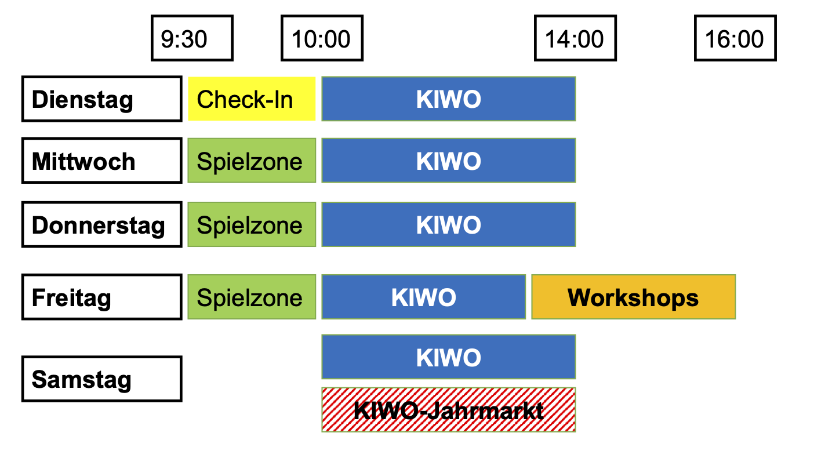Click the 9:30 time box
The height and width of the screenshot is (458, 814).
click(x=192, y=38)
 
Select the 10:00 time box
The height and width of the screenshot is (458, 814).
click(x=322, y=38)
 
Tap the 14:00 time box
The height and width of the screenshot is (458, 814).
click(x=575, y=38)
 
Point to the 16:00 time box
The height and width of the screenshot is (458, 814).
click(x=735, y=38)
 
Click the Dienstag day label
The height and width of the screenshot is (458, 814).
click(x=101, y=99)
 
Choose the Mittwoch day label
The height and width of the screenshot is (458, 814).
click(x=101, y=161)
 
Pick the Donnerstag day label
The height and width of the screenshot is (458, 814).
click(x=101, y=224)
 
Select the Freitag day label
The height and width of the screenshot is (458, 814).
click(x=101, y=297)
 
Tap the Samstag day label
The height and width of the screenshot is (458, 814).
click(x=101, y=379)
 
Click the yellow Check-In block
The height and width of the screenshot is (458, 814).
click(x=252, y=99)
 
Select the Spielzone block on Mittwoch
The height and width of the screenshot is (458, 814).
click(x=252, y=161)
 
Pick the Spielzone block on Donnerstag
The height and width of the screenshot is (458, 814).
click(x=252, y=224)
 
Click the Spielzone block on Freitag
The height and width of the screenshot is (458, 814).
click(x=252, y=297)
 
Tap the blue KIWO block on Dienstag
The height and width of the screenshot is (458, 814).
click(x=449, y=99)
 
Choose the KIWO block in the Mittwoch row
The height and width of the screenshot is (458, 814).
click(x=449, y=161)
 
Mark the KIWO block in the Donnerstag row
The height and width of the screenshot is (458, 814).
click(x=449, y=224)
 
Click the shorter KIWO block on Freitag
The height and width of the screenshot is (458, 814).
click(x=424, y=297)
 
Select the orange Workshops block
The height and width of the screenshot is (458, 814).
click(x=633, y=297)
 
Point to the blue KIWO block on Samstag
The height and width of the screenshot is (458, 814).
click(x=449, y=357)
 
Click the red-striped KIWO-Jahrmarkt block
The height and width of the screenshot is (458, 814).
click(x=449, y=410)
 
